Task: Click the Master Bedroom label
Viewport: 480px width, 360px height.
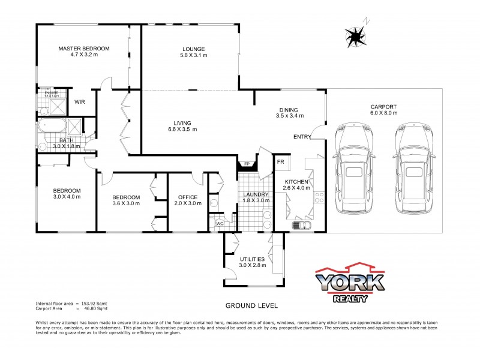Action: (x=83, y=48)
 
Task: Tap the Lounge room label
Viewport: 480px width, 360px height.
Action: (x=194, y=49)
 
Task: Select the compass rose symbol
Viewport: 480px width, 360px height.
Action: (x=357, y=37)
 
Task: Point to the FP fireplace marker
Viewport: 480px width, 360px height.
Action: (x=246, y=163)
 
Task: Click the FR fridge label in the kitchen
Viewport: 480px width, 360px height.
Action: (x=280, y=162)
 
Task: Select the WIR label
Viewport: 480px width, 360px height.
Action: (x=80, y=102)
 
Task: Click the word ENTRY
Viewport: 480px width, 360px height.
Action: (x=302, y=137)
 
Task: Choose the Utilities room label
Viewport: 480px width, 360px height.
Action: (x=253, y=259)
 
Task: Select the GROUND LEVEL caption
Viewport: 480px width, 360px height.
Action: (x=251, y=305)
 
